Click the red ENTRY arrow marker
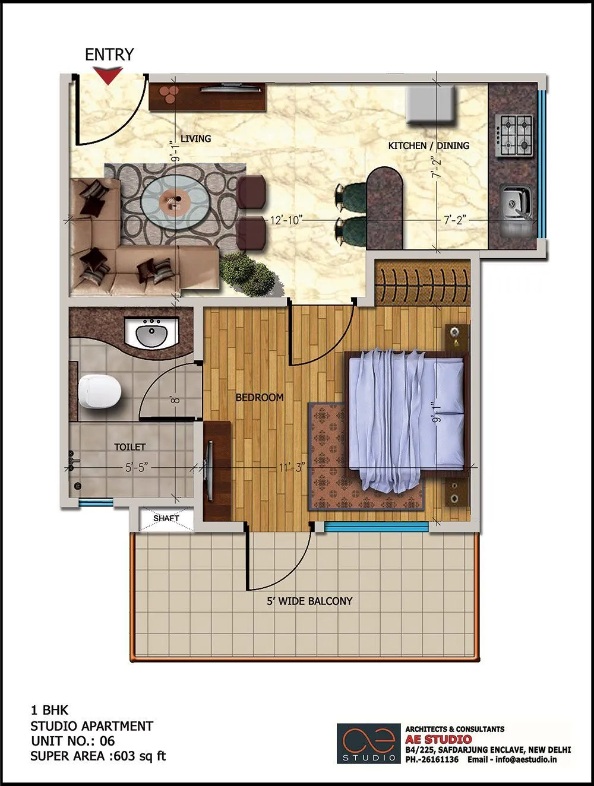point(109,75)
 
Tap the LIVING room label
point(195,138)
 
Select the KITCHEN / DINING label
point(428,145)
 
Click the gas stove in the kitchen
point(514,135)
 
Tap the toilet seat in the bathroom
point(99,391)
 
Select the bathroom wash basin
point(152,335)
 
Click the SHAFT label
point(166,518)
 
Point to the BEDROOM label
point(260,397)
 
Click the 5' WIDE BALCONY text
point(309,601)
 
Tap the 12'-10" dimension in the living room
point(287,220)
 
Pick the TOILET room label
point(129,446)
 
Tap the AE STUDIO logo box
point(368,743)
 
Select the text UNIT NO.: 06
point(73,741)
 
